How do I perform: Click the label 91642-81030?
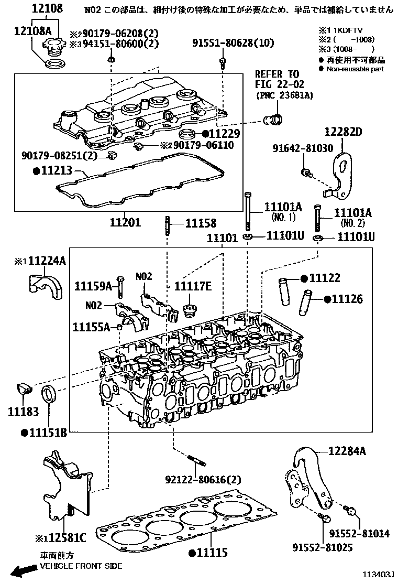pyautogui.click(x=302, y=148)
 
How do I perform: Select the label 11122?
pyautogui.click(x=324, y=278)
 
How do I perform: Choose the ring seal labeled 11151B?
pyautogui.click(x=49, y=395)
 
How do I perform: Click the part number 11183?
pyautogui.click(x=23, y=412)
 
